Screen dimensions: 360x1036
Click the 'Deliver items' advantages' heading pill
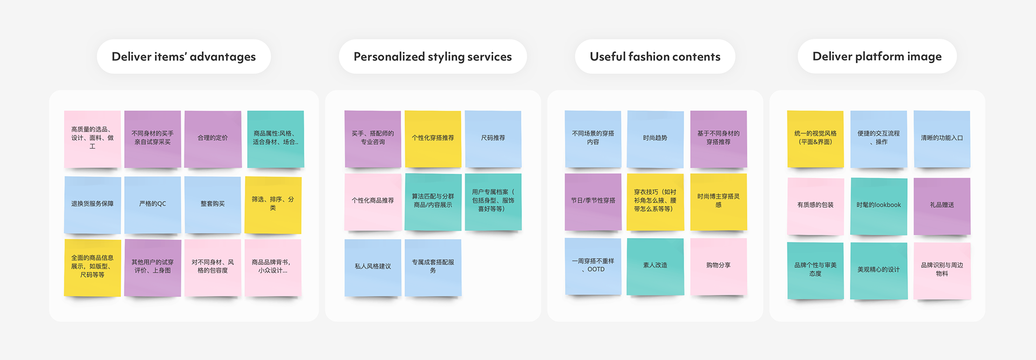(x=183, y=57)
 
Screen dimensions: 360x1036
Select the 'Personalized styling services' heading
(x=432, y=57)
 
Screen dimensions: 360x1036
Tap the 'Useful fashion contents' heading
(x=655, y=57)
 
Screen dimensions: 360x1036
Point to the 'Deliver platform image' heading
(x=877, y=56)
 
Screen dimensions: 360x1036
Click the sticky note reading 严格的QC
(x=153, y=204)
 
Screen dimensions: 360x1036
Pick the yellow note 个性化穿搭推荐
(x=433, y=138)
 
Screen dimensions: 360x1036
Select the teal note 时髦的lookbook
(x=878, y=205)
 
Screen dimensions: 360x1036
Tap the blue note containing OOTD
(x=593, y=266)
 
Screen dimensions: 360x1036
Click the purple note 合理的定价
(x=213, y=138)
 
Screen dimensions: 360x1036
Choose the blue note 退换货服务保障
(x=92, y=204)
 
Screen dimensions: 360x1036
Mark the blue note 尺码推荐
(x=493, y=138)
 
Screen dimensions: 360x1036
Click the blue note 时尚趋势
(x=655, y=138)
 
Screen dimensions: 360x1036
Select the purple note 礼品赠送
(x=942, y=205)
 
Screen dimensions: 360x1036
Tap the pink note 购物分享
(x=718, y=266)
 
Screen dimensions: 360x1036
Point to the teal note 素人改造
(x=655, y=266)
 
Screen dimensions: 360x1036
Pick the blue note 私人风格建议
(x=373, y=267)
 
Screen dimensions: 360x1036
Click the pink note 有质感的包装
(x=815, y=205)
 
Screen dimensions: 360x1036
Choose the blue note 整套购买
(x=213, y=204)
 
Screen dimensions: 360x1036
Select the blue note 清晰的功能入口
(x=942, y=138)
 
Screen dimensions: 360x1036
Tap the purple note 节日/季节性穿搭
(x=593, y=201)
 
